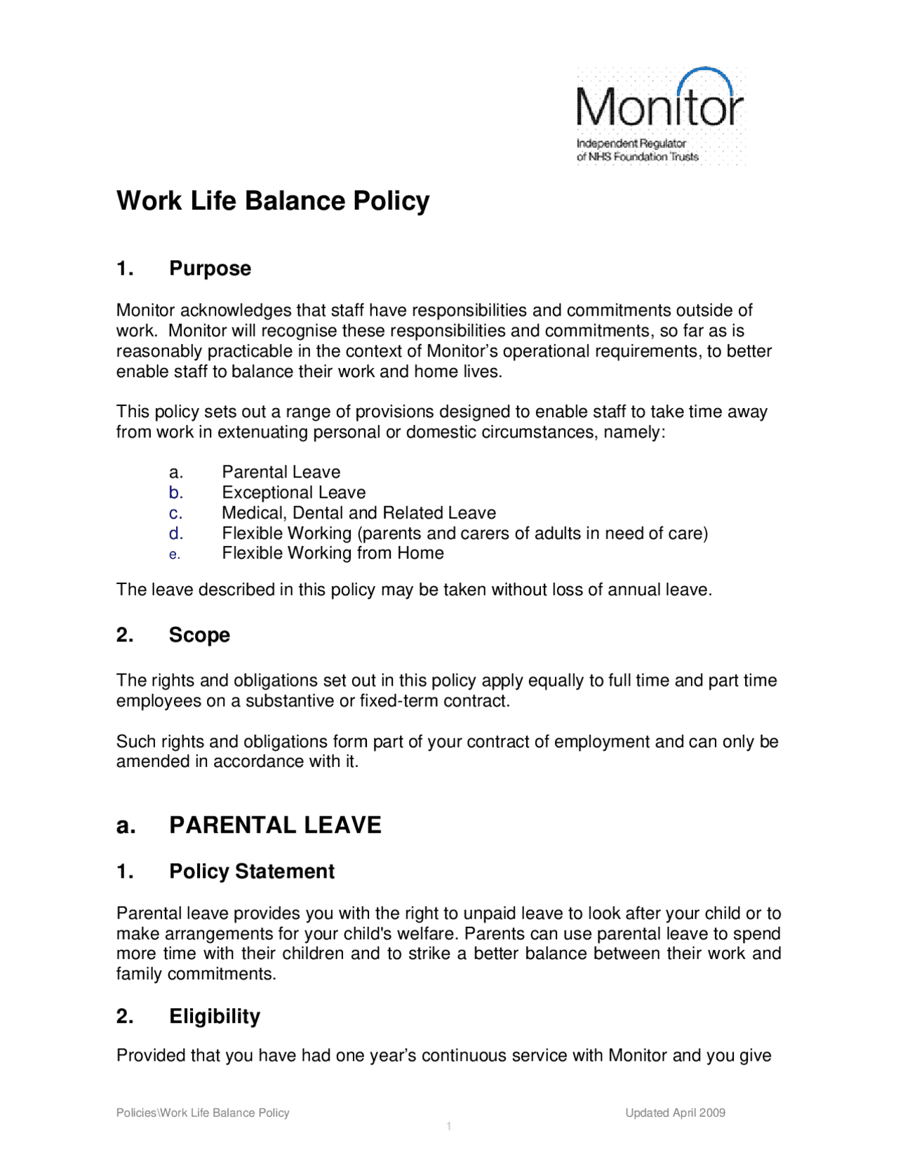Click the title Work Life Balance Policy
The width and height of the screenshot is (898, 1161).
point(273,201)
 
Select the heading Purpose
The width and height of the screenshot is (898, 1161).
point(210,269)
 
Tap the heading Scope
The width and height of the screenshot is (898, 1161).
point(199,635)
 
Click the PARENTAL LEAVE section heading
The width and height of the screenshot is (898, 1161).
point(275,825)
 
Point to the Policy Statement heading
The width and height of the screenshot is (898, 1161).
point(251,871)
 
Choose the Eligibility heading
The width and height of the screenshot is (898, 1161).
point(214,1017)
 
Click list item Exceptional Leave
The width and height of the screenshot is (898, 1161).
point(293,493)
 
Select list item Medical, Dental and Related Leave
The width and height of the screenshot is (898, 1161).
point(358,513)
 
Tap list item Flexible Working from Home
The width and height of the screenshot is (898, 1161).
point(333,553)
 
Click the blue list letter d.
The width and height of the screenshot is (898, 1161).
point(175,534)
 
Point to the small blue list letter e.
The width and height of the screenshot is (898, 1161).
point(175,555)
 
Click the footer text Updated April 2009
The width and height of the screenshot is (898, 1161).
point(675,1113)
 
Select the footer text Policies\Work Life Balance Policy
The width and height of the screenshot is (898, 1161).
point(203,1113)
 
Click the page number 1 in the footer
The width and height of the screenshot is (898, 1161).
point(449,1127)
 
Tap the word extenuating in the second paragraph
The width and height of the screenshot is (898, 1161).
point(263,432)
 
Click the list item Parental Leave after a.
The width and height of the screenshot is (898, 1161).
point(281,473)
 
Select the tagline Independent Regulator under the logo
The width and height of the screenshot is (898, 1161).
point(631,143)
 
